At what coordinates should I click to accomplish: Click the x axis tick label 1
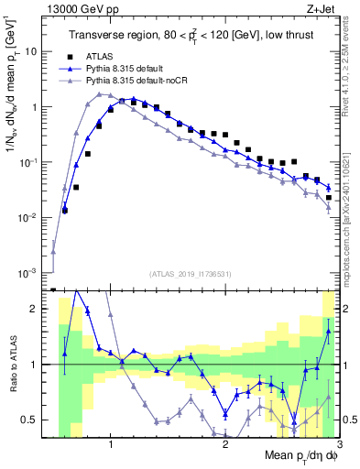click(111, 443)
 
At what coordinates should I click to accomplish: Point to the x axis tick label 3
click(339, 443)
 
